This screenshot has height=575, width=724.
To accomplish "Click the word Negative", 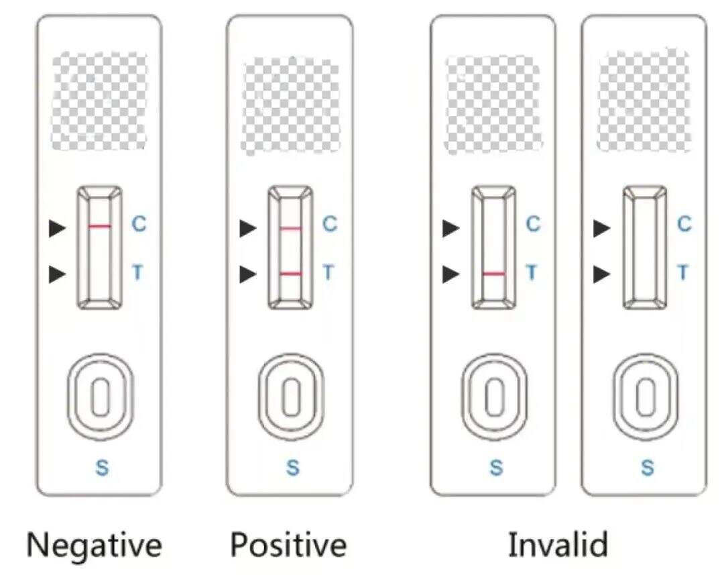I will coord(94,545).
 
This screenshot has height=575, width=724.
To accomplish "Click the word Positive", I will coord(289,545).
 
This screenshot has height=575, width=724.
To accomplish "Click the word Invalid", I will coord(558,545).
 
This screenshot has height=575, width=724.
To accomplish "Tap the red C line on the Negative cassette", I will coord(99,227).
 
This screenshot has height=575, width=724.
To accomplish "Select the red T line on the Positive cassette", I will coord(290,274).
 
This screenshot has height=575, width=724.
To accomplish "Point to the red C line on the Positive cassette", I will coord(290,229).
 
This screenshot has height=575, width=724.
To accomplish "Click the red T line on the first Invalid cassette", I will coord(493,274).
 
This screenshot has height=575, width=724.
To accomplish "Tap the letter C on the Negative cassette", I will coord(139,224).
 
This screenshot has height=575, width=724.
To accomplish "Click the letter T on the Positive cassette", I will coord(328,272).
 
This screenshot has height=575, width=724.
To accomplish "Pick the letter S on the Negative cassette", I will coord(102,468).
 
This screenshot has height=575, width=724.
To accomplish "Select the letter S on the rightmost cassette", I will coord(648,468).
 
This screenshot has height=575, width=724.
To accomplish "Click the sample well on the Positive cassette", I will coord(290,397).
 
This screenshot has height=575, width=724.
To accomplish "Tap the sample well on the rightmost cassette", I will coord(646,397).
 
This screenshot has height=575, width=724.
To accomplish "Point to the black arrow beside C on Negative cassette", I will coord(58,229).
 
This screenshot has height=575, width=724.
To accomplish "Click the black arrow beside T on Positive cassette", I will coord(249,274).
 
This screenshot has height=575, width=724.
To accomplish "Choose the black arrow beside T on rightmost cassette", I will coord(602,274).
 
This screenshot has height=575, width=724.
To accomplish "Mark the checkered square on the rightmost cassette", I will coord(644,101).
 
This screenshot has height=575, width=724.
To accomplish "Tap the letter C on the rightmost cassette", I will coord(684,224).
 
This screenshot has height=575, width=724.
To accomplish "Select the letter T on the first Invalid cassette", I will coord(532,272).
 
